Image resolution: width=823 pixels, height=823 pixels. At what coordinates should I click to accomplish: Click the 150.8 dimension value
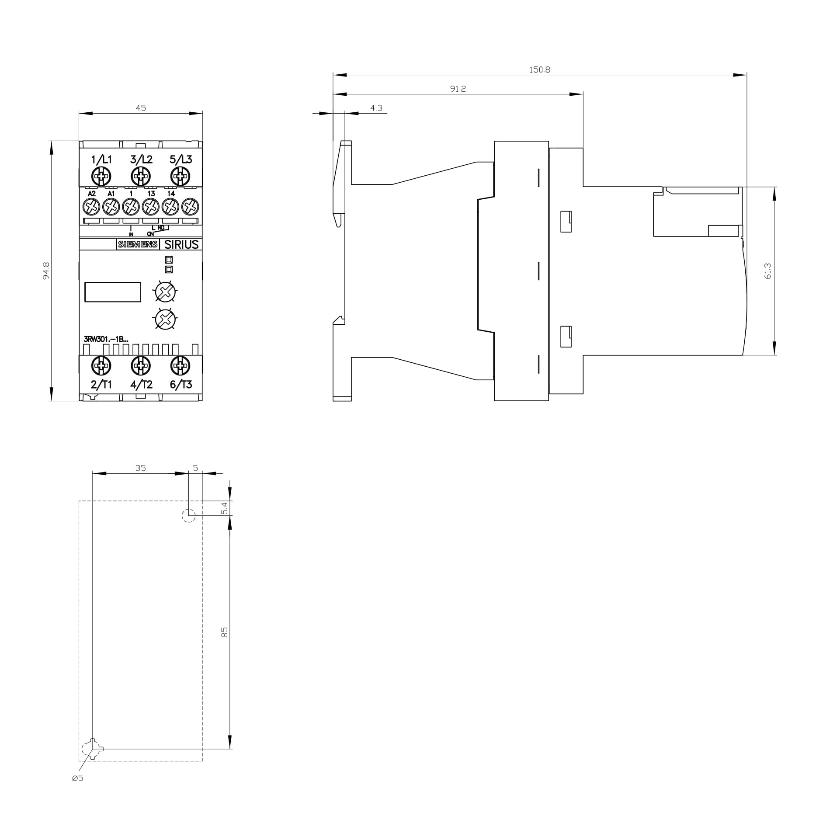(539, 69)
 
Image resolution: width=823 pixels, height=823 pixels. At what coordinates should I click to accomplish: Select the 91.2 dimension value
(458, 89)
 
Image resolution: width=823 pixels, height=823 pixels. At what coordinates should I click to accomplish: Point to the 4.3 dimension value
(376, 108)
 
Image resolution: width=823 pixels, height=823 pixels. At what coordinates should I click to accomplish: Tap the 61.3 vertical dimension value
(768, 271)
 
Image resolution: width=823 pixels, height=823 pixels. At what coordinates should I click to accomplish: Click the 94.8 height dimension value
(46, 271)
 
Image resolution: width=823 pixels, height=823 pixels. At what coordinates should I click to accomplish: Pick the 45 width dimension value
(140, 108)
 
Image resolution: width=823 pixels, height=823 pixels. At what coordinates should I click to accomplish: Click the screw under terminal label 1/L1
(101, 177)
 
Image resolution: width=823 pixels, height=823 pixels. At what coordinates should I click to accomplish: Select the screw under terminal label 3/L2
(141, 177)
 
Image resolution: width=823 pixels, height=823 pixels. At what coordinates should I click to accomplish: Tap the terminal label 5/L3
(181, 160)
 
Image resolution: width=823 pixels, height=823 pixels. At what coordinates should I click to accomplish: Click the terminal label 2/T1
(101, 385)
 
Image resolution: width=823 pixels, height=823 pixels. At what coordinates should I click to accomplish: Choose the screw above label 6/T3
(180, 366)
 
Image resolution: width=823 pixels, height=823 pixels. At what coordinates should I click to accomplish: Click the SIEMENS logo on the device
(138, 244)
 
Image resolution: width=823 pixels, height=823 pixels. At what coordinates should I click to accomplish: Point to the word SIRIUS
(181, 244)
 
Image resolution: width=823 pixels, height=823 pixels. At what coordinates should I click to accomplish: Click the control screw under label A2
(91, 206)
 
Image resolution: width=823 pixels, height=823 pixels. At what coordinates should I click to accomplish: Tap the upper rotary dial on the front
(165, 292)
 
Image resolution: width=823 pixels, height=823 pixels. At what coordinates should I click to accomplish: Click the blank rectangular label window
(112, 292)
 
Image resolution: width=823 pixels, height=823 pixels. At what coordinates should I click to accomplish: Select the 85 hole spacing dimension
(224, 632)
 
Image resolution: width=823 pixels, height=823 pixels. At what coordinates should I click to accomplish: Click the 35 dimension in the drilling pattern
(140, 468)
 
